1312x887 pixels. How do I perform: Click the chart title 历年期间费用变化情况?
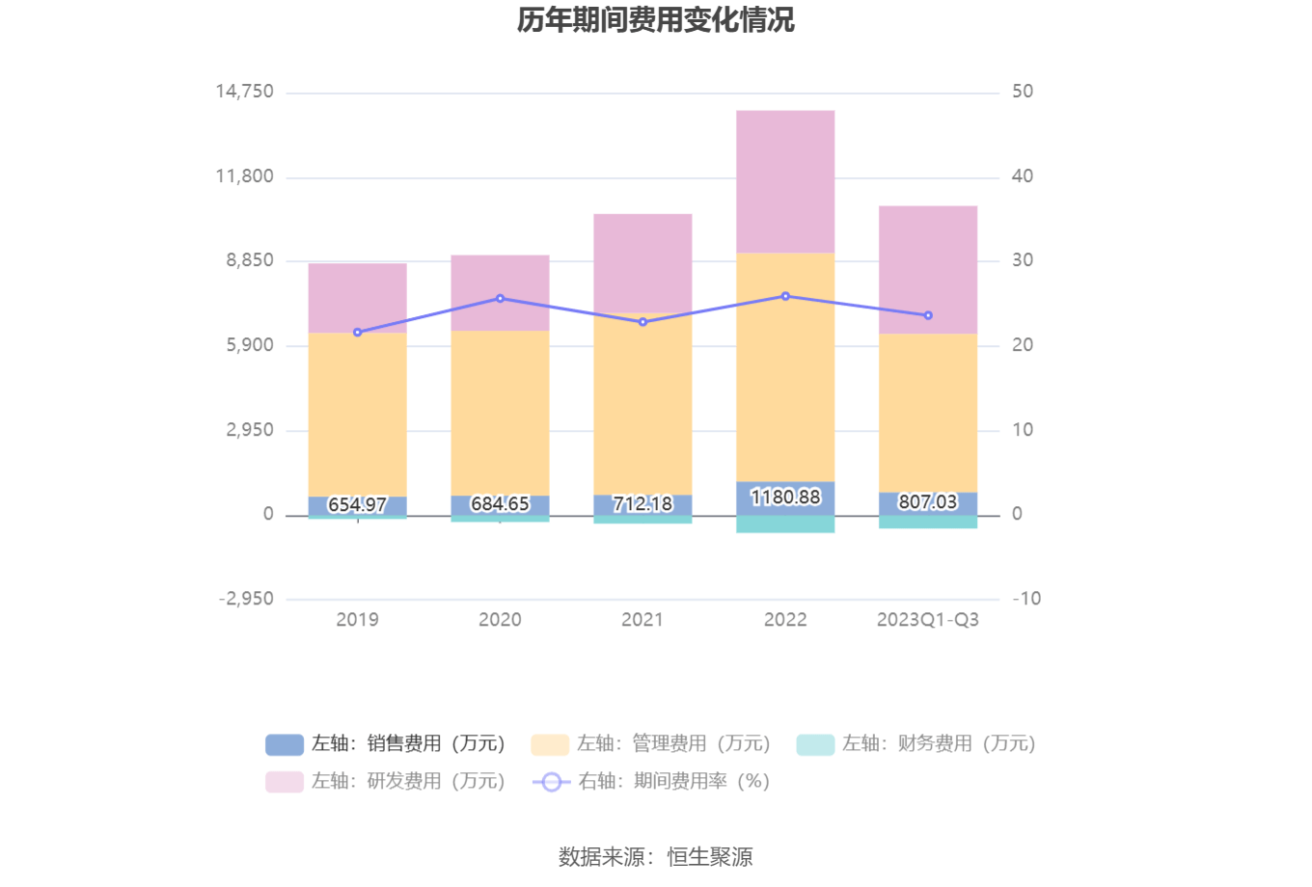(656, 19)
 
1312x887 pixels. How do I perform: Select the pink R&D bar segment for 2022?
(785, 181)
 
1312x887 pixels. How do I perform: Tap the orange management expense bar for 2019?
(357, 415)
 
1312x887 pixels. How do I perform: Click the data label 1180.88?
(785, 497)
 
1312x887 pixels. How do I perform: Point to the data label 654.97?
(357, 505)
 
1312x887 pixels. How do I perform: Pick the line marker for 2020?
(500, 299)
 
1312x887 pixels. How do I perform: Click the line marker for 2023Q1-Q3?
(928, 315)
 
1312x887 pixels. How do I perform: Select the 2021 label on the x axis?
(642, 620)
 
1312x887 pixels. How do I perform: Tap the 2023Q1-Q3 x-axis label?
(928, 620)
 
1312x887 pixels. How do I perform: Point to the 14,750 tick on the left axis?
(244, 92)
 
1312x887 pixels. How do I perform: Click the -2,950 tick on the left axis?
(246, 599)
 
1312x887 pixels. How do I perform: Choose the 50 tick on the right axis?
(1023, 92)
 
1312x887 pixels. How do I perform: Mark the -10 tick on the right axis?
(1026, 599)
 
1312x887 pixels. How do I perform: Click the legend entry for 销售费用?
(385, 744)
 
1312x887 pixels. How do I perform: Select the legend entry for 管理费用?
(650, 744)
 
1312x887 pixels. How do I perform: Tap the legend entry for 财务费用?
(916, 744)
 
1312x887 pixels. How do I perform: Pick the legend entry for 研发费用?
(385, 782)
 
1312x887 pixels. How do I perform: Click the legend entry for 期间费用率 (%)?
(651, 782)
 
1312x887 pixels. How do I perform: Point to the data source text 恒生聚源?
(710, 856)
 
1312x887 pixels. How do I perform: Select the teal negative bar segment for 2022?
(785, 524)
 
